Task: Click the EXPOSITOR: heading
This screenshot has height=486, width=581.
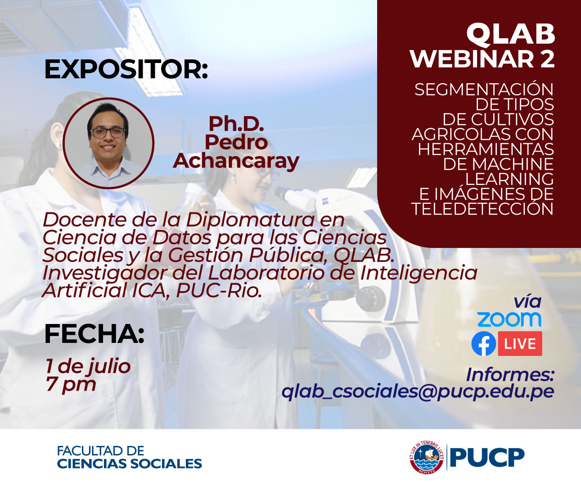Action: coord(126,70)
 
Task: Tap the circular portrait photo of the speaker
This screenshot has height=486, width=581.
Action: coord(108,143)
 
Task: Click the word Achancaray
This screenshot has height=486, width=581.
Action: coord(236,161)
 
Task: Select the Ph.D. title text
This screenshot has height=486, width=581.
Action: coord(236,123)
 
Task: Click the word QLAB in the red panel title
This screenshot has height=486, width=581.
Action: coord(510,35)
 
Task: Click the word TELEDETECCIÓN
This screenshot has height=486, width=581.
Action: coord(482,209)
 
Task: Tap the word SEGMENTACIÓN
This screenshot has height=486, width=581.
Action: coord(484,90)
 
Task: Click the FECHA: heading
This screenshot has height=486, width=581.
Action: coord(94,334)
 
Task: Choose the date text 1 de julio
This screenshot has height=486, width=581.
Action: coord(88,366)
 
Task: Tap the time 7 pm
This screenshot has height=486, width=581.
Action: coord(71,384)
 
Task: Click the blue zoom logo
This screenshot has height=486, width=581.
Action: coord(509,319)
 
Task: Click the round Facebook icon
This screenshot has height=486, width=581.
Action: coord(483,344)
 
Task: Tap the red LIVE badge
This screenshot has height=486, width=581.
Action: coord(520,344)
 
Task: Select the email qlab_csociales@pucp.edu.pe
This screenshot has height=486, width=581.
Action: coord(417,391)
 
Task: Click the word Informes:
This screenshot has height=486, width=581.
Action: coord(509,374)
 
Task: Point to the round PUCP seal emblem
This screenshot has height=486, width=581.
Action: coord(427,457)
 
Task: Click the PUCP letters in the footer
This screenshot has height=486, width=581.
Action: coord(487,458)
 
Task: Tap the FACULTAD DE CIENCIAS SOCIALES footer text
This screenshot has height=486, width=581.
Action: coord(129,457)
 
